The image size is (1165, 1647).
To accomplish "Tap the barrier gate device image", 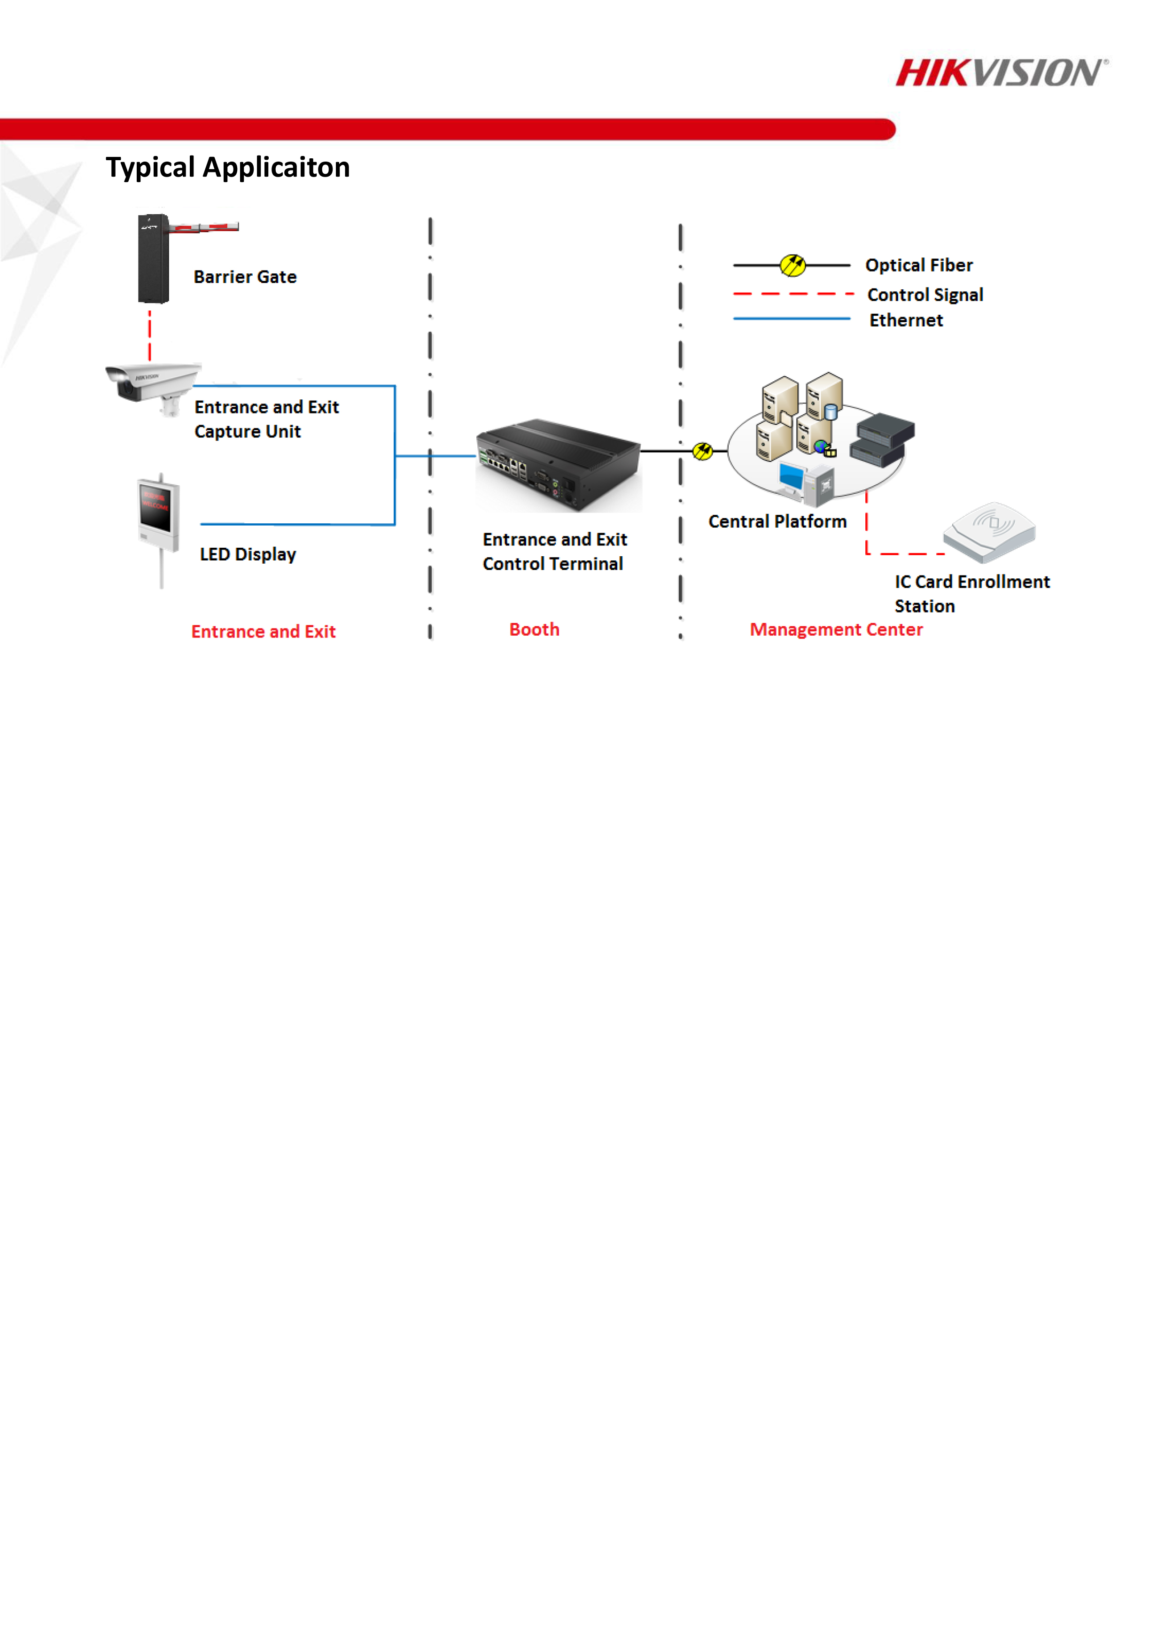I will pos(154,258).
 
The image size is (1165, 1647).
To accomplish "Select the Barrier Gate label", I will pos(245,277).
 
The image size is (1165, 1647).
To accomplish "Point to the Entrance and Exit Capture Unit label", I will pos(266,419).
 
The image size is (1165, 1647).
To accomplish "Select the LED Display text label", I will pos(248,554).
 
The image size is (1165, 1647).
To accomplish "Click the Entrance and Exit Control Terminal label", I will pos(554,551).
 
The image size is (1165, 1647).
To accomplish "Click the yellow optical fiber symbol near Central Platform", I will pos(702,451).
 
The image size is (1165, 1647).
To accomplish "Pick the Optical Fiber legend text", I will pos(918,265).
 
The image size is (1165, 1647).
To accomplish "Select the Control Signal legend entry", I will pos(924,295).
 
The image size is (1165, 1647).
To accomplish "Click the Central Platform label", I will pos(777,521).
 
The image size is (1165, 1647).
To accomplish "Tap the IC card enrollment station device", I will pos(989,531).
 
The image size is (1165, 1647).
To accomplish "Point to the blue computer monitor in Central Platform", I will pos(791,476).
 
